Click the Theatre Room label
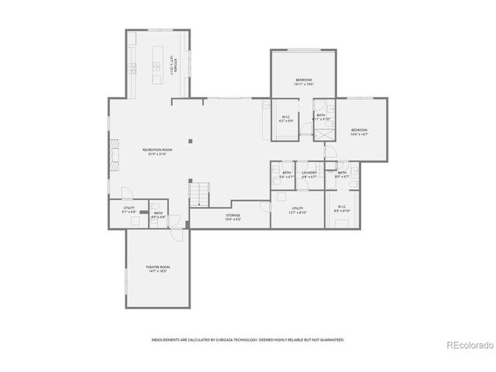(x=157, y=268)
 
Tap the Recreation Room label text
(x=157, y=150)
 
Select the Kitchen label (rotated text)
(x=177, y=65)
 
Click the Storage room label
(x=232, y=216)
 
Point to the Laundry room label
(x=309, y=174)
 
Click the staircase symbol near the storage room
(x=201, y=193)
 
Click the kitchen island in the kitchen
(x=159, y=62)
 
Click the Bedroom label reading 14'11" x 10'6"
(x=303, y=81)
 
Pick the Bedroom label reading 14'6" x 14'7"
(x=358, y=131)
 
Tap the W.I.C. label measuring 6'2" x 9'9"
(x=287, y=119)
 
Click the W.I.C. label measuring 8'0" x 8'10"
(x=342, y=209)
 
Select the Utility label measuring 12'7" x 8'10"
(x=298, y=209)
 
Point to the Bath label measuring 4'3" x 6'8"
(x=157, y=215)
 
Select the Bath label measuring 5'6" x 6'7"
(x=287, y=174)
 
